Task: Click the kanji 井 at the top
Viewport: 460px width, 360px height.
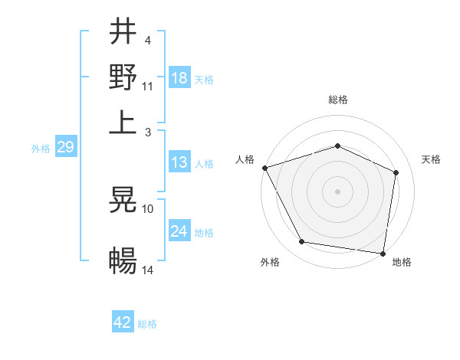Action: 123,33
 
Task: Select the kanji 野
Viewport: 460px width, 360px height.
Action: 123,77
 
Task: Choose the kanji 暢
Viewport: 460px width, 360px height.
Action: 123,261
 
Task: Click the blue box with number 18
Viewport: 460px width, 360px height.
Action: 179,78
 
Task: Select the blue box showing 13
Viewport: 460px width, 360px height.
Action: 179,163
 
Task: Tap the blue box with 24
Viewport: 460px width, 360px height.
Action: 179,231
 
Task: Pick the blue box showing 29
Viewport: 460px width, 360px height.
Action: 65,147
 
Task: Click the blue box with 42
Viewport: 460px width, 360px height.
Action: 123,322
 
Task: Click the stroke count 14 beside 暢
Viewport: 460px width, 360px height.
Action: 149,270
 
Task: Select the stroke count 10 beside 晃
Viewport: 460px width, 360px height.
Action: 149,208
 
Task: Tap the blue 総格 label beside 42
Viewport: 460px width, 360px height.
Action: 147,324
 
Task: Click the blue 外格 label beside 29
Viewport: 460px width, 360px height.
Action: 41,149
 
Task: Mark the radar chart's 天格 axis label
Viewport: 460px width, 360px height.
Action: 431,159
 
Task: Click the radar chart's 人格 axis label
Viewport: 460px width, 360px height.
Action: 245,159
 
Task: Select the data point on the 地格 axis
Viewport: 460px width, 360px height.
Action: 383,253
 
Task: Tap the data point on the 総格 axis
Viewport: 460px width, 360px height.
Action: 337,146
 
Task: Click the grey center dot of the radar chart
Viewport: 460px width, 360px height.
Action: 337,191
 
